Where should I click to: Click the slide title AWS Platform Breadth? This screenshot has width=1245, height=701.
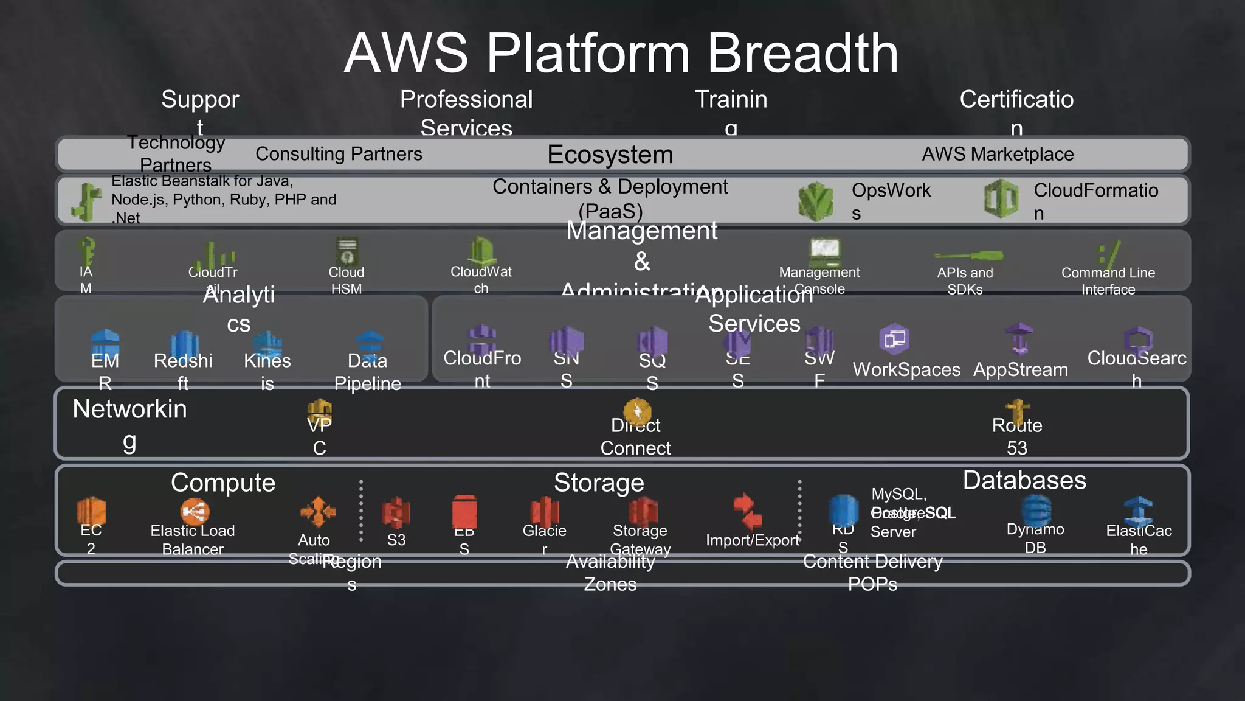(x=621, y=54)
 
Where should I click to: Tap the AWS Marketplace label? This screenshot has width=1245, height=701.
(x=998, y=155)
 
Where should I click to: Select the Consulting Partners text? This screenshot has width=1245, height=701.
(x=339, y=154)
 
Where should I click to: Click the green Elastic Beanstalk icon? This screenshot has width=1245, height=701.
(x=87, y=201)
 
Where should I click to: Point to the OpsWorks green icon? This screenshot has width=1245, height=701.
(x=815, y=201)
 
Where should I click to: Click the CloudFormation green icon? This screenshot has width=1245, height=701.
(x=1001, y=199)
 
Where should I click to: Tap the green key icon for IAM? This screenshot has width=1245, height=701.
(x=87, y=250)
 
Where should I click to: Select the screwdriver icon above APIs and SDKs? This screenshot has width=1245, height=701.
(x=968, y=256)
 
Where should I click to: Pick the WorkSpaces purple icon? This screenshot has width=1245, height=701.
(x=894, y=339)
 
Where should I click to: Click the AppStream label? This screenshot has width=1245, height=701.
(x=1020, y=370)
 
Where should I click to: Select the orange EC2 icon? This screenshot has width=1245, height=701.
(x=91, y=510)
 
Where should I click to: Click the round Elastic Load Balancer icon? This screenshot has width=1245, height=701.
(x=195, y=512)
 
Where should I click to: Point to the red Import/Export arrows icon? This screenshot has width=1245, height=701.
(x=747, y=511)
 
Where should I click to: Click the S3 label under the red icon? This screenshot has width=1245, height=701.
(x=396, y=540)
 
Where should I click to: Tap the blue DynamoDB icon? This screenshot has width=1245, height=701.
(x=1036, y=509)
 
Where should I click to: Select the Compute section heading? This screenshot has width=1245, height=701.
(x=223, y=483)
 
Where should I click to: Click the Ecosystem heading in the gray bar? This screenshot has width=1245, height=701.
(x=610, y=155)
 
